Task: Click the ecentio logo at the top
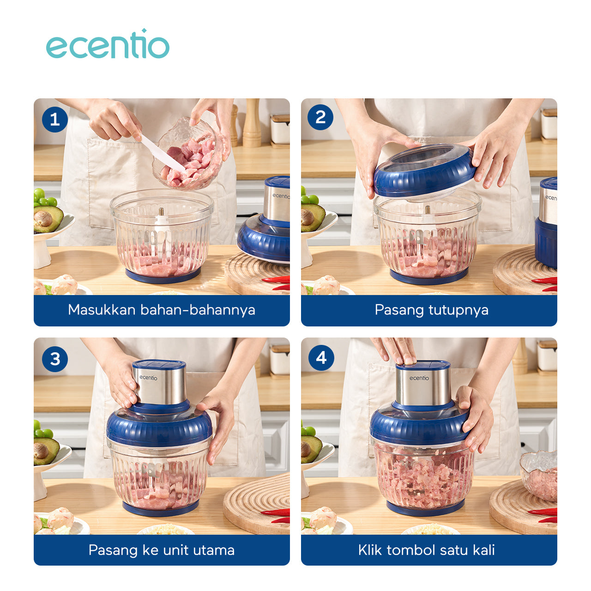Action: click(108, 45)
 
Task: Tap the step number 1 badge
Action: click(54, 120)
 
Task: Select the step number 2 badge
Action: click(320, 117)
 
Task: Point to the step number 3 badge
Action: click(54, 359)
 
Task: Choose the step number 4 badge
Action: click(321, 357)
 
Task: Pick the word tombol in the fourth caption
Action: click(411, 550)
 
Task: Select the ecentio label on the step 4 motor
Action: click(419, 378)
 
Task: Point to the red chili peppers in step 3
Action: click(277, 515)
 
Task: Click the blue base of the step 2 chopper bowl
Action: click(428, 277)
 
